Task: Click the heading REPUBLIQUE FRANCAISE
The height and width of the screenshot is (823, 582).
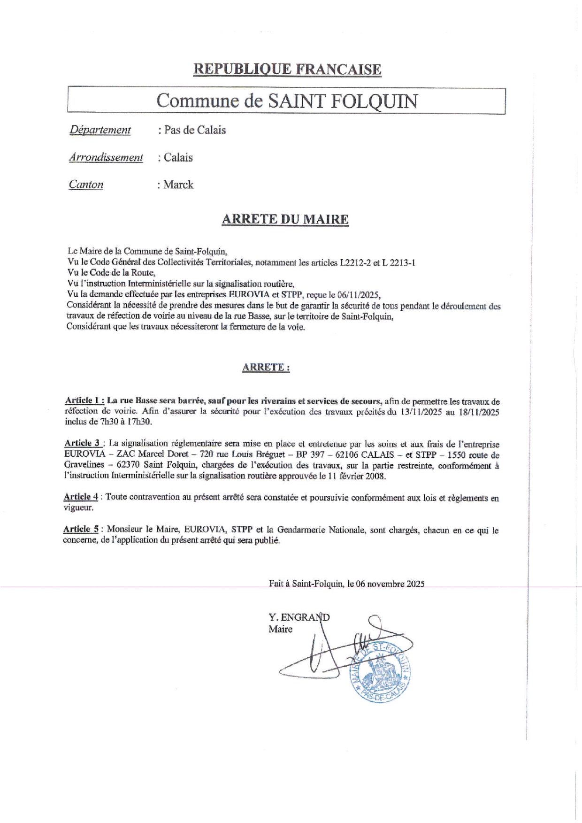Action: click(x=287, y=69)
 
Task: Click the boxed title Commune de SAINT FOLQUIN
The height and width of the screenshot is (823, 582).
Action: click(x=286, y=100)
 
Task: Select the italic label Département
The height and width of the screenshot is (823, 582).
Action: click(x=100, y=130)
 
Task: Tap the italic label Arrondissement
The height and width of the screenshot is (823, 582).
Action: click(x=106, y=157)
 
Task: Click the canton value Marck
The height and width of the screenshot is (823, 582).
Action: click(x=178, y=185)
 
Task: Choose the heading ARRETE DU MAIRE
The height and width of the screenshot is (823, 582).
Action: click(x=285, y=219)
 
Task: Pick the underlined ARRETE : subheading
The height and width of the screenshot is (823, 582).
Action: click(x=266, y=367)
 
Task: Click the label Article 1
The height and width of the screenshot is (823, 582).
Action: click(x=84, y=400)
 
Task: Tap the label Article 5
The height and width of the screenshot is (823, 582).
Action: click(x=81, y=529)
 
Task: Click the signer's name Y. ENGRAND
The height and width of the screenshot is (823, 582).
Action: click(x=299, y=617)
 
